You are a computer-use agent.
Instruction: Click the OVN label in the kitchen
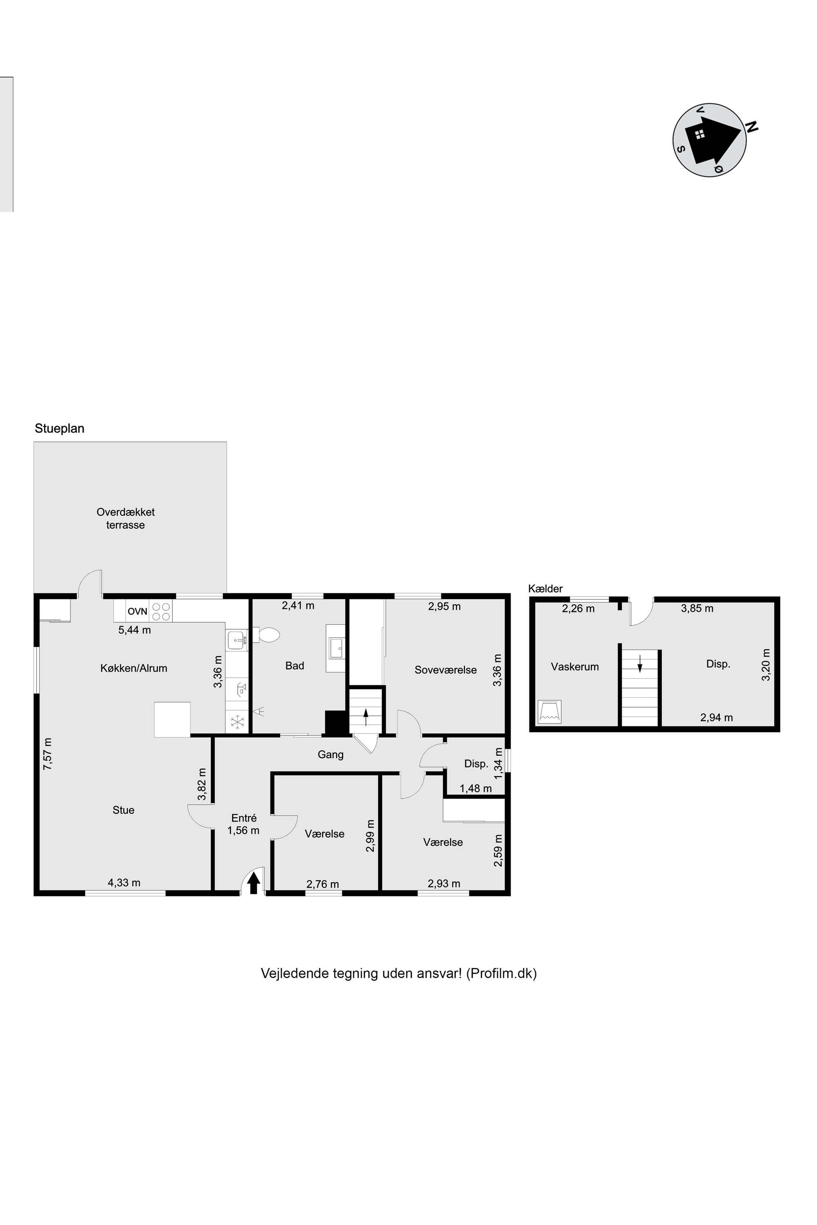138,611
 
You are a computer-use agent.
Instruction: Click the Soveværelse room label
446,670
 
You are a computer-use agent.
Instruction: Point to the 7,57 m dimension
48,754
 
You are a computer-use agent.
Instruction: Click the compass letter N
752,127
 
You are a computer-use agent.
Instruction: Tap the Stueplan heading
59,429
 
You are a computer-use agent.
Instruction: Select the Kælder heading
545,589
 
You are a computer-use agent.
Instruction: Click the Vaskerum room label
575,667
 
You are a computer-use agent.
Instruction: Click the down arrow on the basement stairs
640,664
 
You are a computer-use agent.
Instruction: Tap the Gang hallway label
331,754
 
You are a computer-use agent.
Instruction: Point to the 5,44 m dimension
134,630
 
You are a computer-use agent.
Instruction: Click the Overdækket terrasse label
125,518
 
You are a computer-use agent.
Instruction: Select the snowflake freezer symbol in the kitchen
238,722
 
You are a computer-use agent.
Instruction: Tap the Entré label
244,818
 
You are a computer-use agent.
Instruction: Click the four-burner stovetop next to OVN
161,611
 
